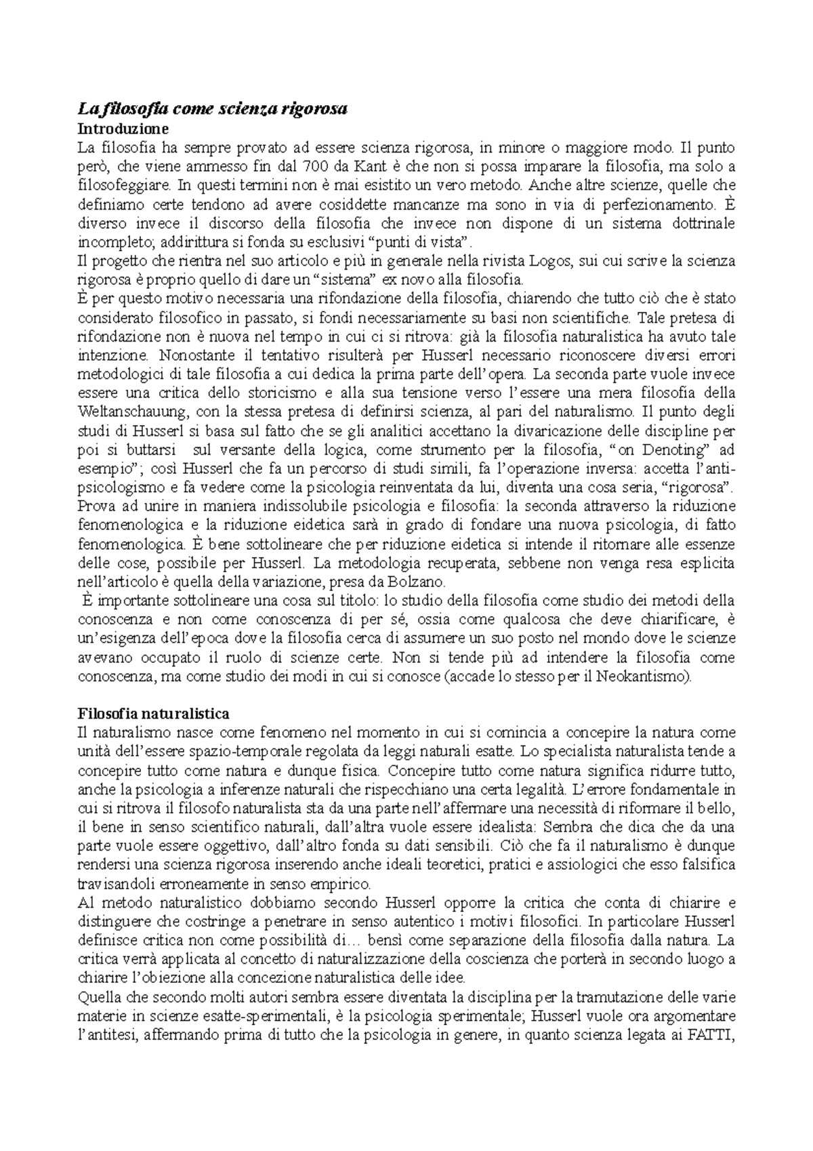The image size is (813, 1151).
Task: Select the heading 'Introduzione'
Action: coord(121,128)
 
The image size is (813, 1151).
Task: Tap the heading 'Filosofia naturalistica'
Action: coord(154,714)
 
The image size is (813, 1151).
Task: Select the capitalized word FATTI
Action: coord(712,1036)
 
